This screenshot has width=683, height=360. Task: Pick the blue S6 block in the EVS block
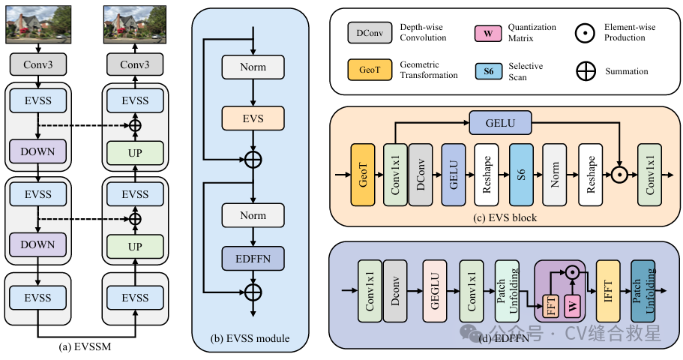point(522,174)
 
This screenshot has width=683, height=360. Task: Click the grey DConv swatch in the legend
point(366,33)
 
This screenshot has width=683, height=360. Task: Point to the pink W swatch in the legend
point(489,33)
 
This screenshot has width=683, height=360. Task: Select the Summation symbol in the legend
point(586,72)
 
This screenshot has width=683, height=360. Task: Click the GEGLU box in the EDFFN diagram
point(435,291)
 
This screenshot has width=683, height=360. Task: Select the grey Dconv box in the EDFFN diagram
point(397,291)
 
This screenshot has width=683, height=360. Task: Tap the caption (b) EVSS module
point(250,338)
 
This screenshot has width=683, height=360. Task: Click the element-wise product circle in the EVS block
point(620,174)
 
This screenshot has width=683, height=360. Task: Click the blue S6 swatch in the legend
point(489,72)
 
